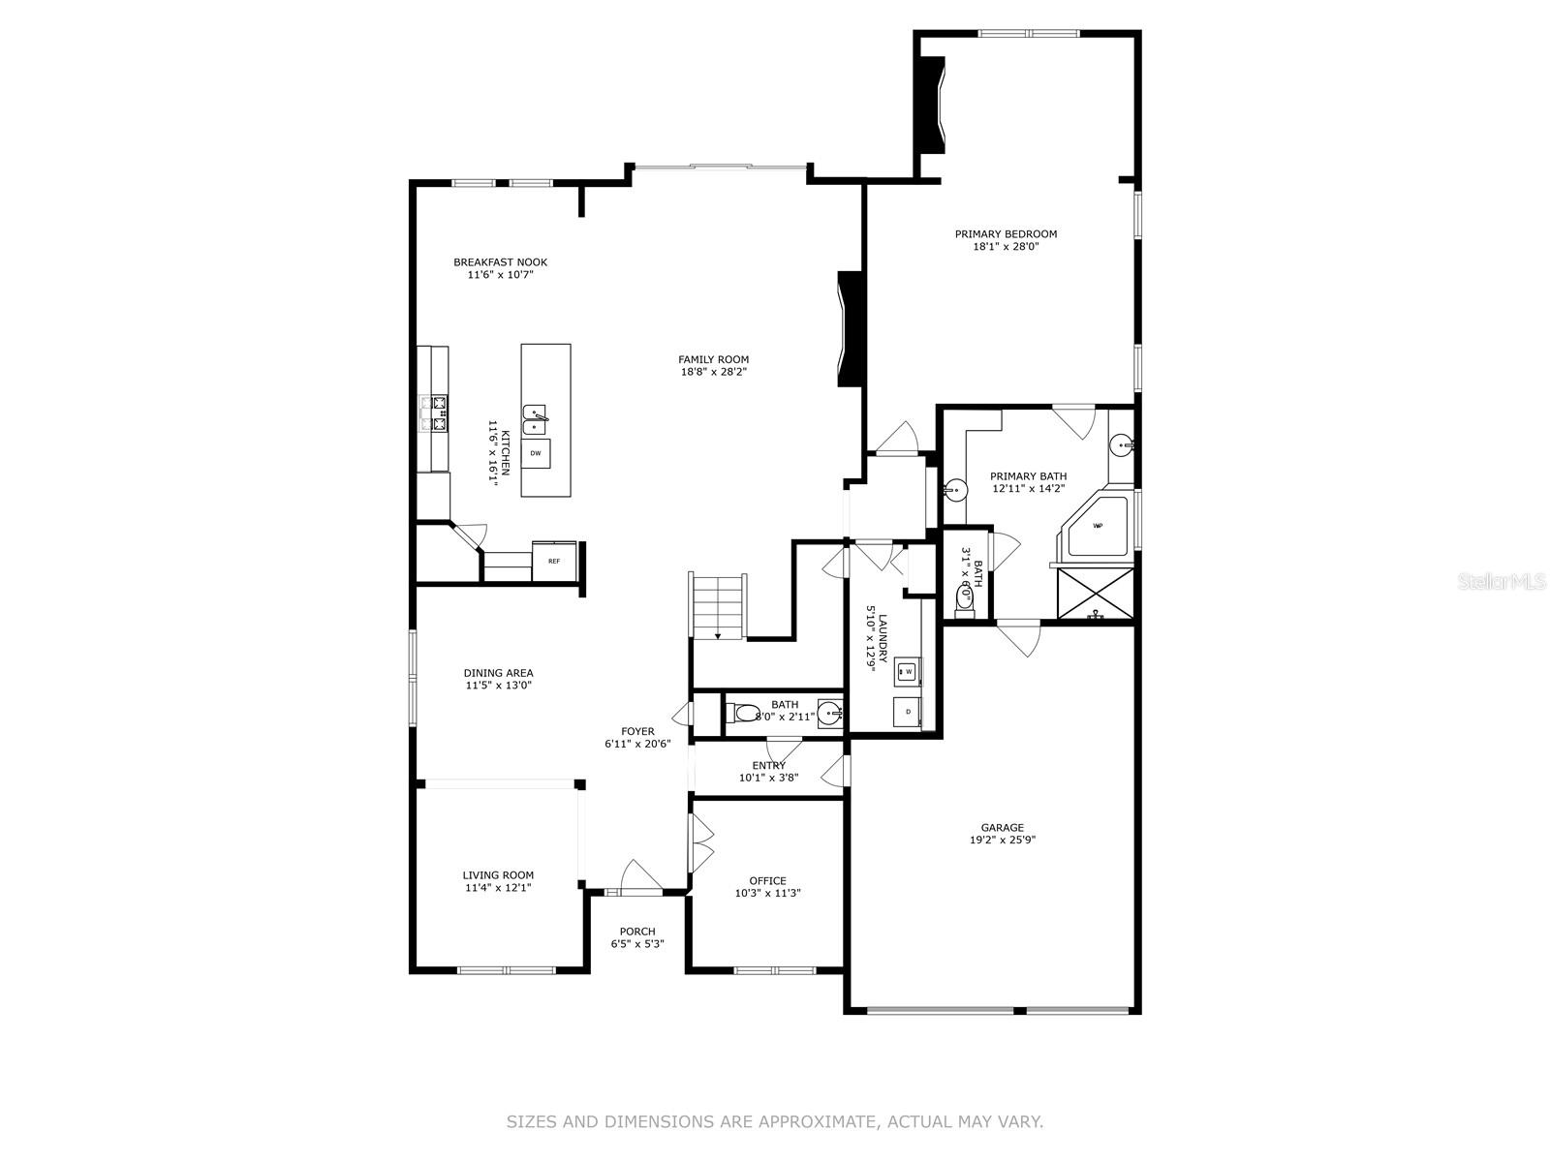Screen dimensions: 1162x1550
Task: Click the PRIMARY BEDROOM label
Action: [x=1006, y=233]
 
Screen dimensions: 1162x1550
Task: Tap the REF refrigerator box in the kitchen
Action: [x=554, y=561]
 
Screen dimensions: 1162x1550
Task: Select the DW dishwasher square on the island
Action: [x=536, y=452]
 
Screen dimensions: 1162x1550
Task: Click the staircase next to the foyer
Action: [x=718, y=605]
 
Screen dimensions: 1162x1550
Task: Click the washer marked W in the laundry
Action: [x=908, y=670]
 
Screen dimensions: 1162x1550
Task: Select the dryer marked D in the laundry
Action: [x=908, y=712]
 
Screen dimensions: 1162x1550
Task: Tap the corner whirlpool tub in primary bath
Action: [x=1099, y=528]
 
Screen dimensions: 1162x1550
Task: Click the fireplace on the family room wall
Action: [x=850, y=329]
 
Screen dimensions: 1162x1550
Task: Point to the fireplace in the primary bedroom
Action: [x=931, y=104]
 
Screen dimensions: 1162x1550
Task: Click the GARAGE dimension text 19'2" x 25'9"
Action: [x=1002, y=841]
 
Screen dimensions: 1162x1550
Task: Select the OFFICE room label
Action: [x=767, y=880]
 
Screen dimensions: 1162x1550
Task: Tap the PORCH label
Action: [x=637, y=931]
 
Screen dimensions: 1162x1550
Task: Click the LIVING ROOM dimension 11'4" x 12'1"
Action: [x=498, y=887]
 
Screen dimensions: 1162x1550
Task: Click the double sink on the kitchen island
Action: [x=534, y=420]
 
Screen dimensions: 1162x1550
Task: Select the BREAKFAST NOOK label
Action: [x=500, y=261]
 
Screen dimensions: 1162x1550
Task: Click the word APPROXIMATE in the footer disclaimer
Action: [x=808, y=1122]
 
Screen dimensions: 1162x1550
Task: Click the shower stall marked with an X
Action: [x=1095, y=593]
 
